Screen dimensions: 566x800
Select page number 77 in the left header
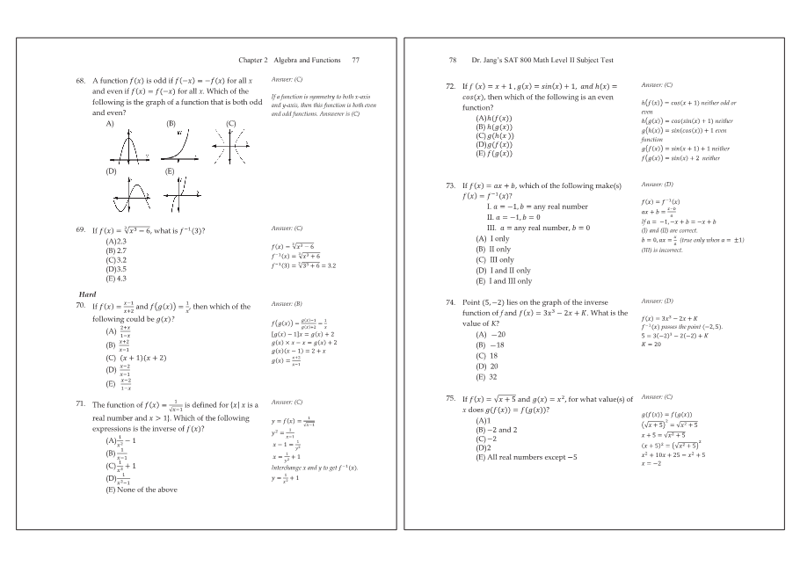coord(355,60)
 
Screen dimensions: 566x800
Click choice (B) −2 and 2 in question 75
coord(497,431)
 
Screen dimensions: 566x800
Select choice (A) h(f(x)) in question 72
coord(493,118)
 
